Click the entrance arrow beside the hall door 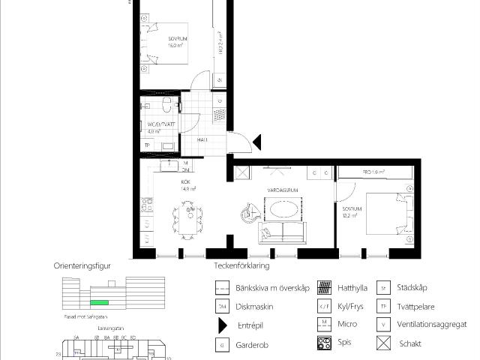256,141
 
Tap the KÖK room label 185,181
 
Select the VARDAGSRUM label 284,190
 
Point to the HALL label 202,139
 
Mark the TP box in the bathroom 148,145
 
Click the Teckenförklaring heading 237,265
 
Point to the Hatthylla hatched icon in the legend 324,287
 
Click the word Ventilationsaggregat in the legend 433,325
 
